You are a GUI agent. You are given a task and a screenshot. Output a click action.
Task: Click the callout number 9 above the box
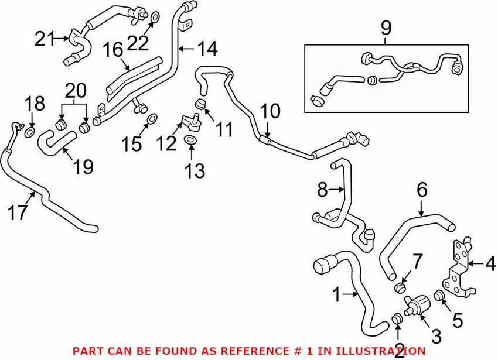[386, 28]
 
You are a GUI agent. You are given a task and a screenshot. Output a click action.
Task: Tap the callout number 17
[18, 212]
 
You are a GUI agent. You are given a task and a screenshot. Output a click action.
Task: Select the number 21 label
[45, 39]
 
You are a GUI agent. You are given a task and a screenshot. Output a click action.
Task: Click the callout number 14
[207, 49]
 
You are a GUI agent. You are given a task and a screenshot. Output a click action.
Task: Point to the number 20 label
[76, 91]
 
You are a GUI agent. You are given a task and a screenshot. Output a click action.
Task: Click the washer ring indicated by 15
[152, 119]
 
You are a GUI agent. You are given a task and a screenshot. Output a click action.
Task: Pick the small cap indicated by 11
[200, 104]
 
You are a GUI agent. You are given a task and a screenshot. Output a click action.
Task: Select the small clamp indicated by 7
[400, 287]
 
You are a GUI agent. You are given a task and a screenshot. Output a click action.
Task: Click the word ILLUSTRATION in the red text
[380, 351]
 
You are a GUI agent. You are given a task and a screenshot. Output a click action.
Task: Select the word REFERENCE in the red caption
[251, 351]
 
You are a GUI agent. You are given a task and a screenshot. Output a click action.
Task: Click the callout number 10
[270, 111]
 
